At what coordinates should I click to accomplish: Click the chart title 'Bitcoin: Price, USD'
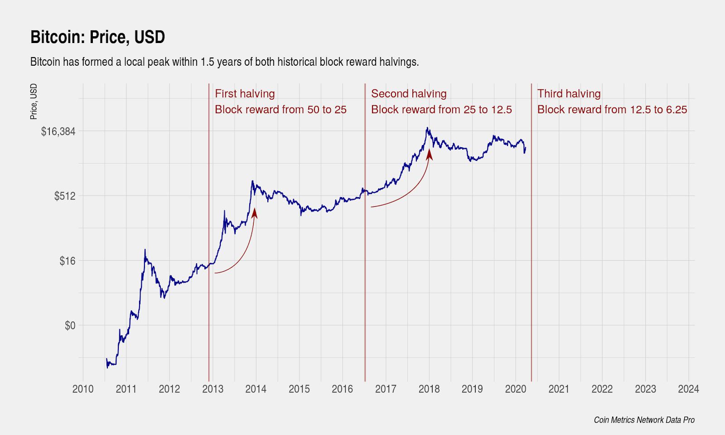coord(97,37)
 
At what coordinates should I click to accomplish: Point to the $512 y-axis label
coord(64,196)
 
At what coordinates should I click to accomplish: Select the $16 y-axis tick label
coord(67,261)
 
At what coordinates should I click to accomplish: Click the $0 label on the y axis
coord(70,326)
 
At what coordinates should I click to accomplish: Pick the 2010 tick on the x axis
coord(83,389)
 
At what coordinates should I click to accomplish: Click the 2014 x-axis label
coord(256,389)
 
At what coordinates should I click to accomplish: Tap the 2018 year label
coord(429,389)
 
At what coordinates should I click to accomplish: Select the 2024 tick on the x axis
coord(688,389)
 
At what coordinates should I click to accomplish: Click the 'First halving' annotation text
coord(245,94)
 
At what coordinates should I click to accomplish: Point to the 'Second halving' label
coord(409,94)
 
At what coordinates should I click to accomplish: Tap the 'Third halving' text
coord(569,94)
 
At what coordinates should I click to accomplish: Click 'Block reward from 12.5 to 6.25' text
coord(612,110)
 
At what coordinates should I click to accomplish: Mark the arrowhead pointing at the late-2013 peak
coord(254,213)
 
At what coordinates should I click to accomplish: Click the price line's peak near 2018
coord(427,128)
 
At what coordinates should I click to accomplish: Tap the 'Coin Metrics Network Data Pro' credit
coord(644,420)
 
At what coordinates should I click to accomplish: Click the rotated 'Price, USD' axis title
coord(34,101)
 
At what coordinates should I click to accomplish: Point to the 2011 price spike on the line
coord(145,250)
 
